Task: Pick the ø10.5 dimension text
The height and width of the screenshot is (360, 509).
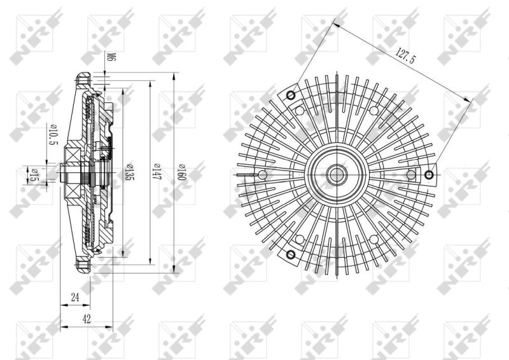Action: coord(53,135)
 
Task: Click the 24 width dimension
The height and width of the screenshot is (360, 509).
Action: coord(75,296)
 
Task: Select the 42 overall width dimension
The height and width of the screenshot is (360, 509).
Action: coord(87,319)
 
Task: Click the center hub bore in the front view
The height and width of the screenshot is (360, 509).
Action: coord(336,174)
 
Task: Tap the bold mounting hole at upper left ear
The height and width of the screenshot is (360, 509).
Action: coord(291,96)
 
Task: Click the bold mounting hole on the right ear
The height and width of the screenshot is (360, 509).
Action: coord(430,174)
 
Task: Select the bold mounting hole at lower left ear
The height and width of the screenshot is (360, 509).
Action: coord(291,256)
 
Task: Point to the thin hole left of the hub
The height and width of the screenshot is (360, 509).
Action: coord(263,174)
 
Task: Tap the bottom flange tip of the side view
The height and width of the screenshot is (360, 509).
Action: coord(81,270)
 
